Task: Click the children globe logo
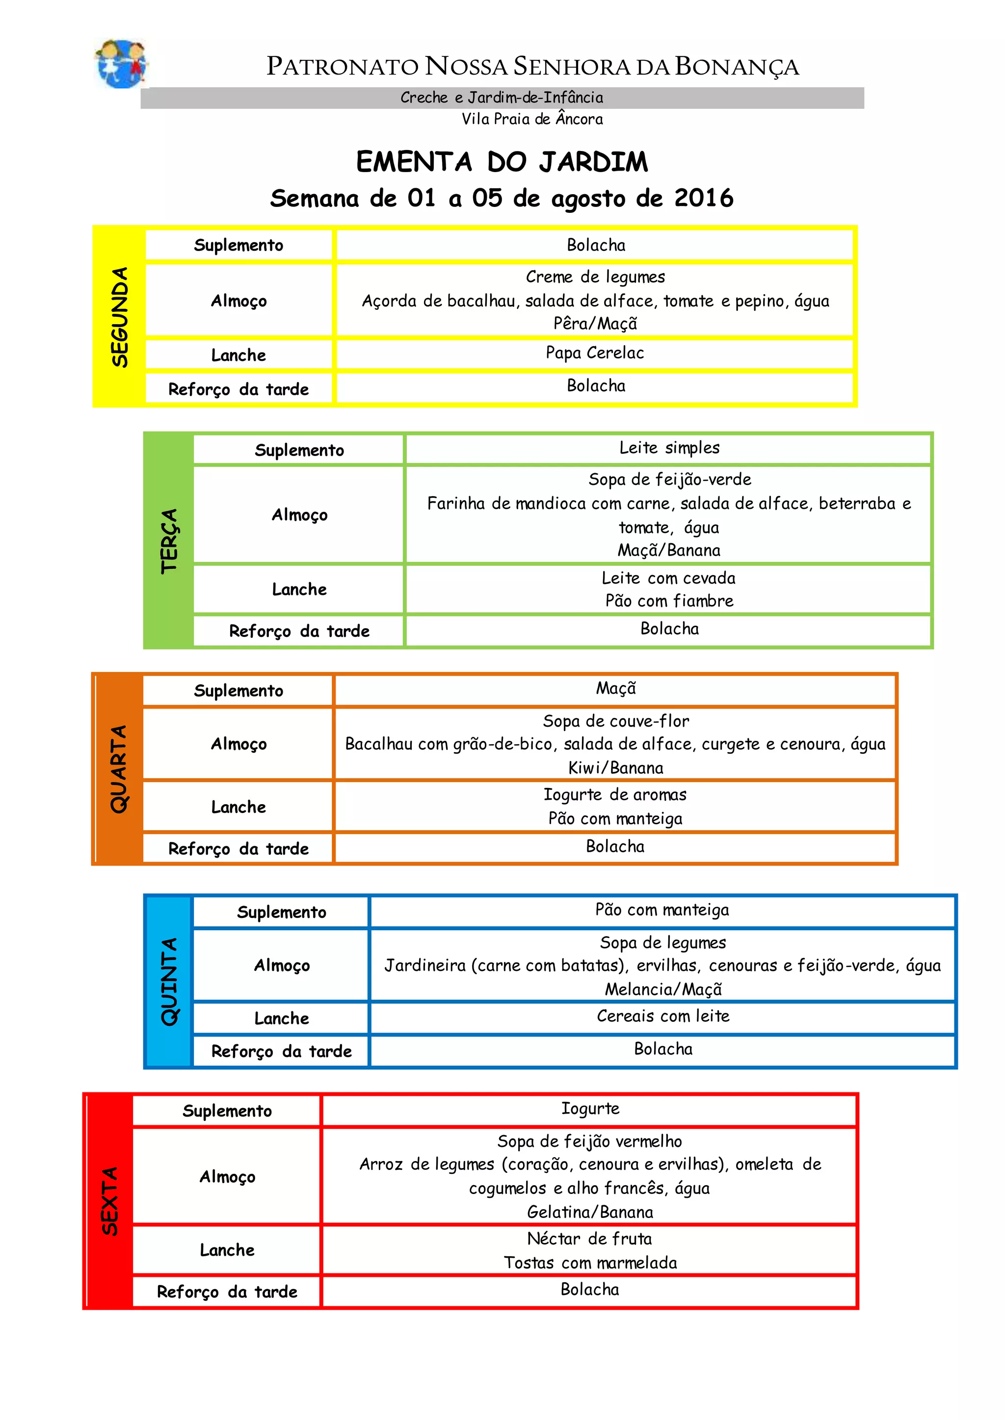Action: [121, 64]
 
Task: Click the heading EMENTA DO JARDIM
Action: [502, 162]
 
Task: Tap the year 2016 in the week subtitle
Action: [704, 199]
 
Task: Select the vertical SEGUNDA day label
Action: [119, 317]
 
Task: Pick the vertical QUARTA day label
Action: [118, 769]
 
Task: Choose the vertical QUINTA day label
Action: [169, 982]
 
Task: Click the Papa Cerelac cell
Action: [595, 353]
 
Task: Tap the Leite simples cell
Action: [669, 448]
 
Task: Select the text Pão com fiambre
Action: [669, 601]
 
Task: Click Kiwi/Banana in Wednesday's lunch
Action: [616, 768]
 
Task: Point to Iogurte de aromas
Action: [615, 795]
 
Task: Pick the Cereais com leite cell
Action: [663, 1016]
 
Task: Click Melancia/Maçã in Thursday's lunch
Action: [663, 989]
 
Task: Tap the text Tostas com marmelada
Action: [590, 1263]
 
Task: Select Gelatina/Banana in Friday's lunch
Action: [590, 1212]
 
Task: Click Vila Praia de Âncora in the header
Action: [532, 119]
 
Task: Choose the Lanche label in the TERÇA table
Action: [299, 589]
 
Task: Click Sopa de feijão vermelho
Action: [590, 1141]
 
